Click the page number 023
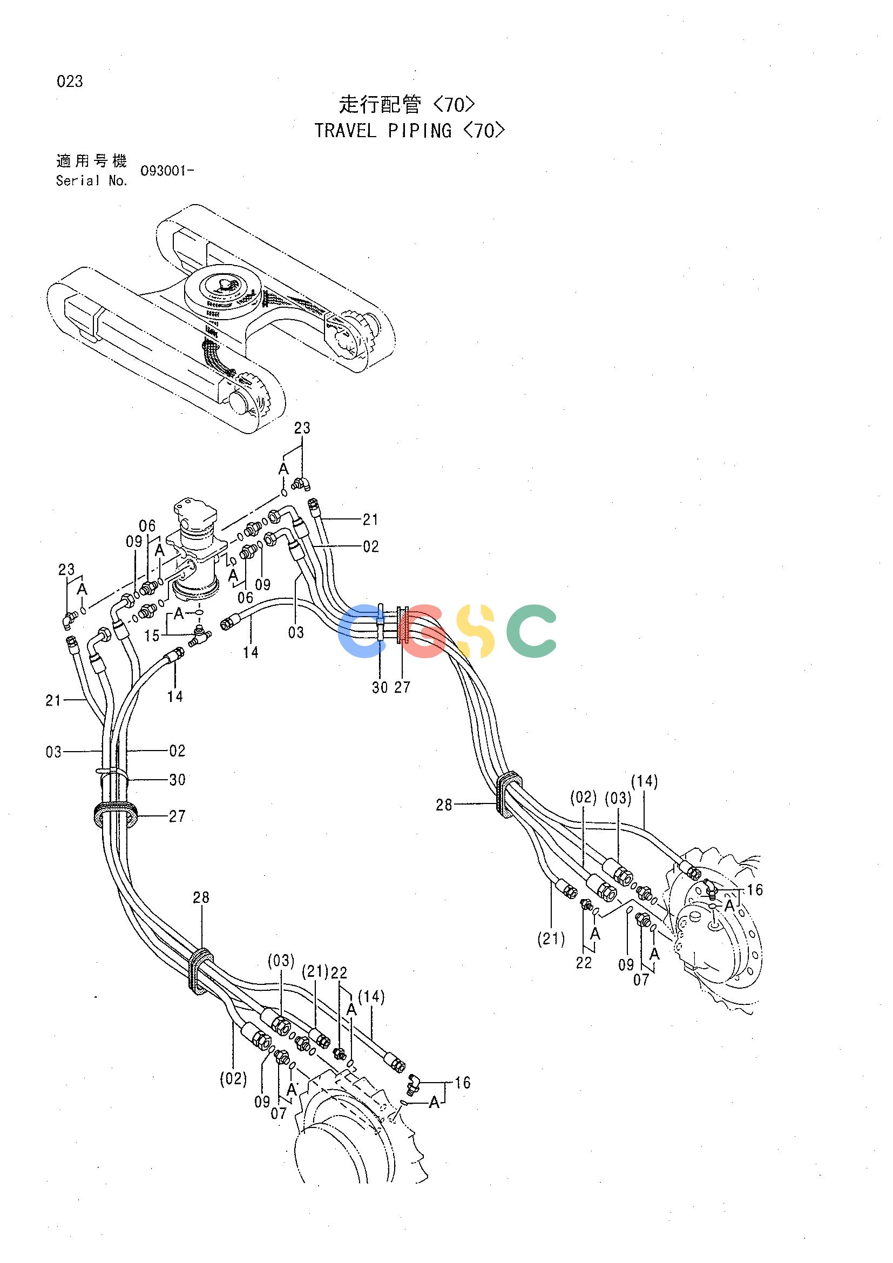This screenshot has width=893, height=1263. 70,82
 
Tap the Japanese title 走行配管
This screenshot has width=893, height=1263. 380,104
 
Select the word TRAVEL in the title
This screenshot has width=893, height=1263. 346,131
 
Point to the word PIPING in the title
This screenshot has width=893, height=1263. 420,131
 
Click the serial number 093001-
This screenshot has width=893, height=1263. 167,171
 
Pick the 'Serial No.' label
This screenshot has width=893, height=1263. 92,180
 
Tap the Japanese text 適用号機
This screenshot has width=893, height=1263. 92,160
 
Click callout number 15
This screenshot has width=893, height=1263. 152,636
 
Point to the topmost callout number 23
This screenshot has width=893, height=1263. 302,428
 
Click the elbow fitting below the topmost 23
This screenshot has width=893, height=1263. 301,483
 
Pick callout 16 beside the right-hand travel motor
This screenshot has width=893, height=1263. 754,890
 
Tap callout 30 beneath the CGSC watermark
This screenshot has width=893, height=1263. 380,687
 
